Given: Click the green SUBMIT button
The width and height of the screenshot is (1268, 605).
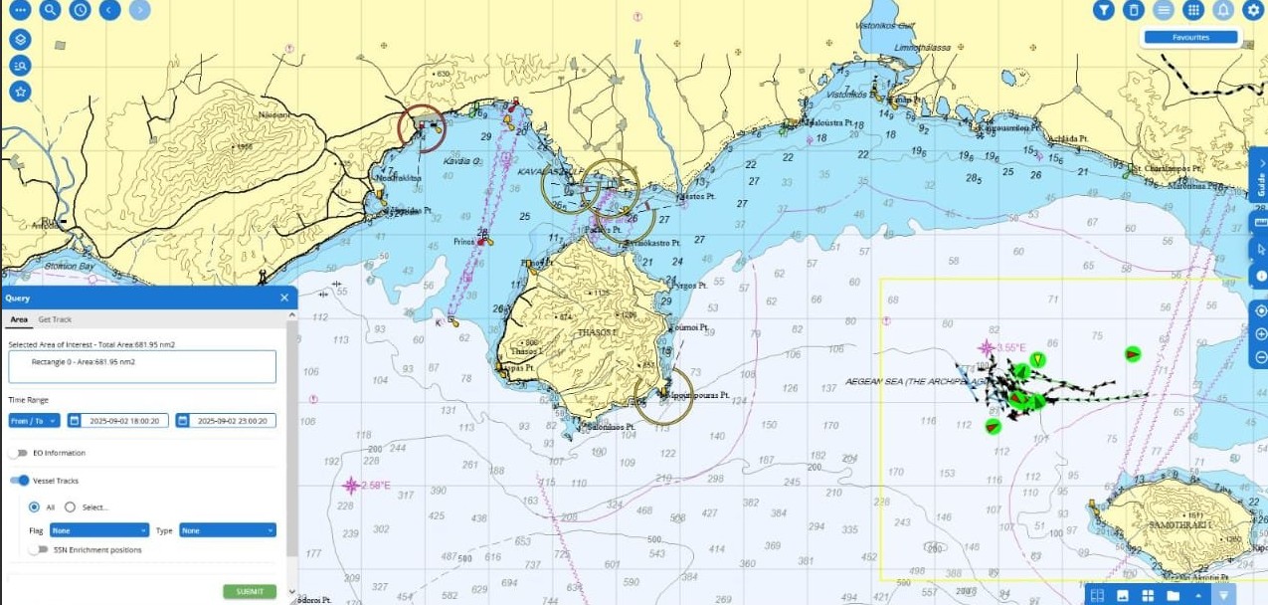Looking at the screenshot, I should click(x=250, y=591).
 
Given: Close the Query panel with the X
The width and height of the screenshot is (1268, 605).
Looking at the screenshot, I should click(x=284, y=298).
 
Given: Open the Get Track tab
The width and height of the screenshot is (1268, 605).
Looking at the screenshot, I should click(x=55, y=319).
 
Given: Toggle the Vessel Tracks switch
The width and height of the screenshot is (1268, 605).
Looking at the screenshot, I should click(x=19, y=481).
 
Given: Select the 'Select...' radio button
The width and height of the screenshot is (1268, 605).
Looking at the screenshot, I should click(x=70, y=506).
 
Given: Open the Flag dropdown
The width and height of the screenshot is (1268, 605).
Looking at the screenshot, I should click(x=99, y=530).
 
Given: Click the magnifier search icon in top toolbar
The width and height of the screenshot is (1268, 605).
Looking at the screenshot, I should click(x=50, y=10).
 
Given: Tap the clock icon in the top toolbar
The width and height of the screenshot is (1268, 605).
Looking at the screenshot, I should click(x=80, y=10).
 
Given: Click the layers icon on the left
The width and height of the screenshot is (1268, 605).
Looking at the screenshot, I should click(x=20, y=39).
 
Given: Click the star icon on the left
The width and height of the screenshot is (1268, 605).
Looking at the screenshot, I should click(x=20, y=91).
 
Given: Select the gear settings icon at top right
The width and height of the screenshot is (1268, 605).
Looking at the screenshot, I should click(x=1253, y=10).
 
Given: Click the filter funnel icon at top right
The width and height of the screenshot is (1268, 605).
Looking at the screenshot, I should click(x=1103, y=10).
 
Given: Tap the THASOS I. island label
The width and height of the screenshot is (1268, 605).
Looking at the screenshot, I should click(x=597, y=332).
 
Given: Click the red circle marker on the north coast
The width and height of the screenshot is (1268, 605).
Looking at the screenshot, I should click(x=422, y=128).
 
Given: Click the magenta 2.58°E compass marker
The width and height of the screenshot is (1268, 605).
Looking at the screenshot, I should click(x=350, y=486).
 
